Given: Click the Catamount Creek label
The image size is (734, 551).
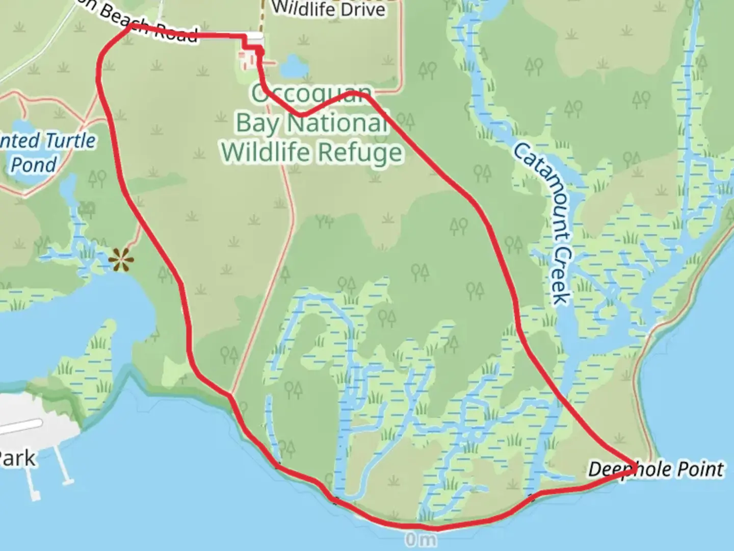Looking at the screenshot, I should (541, 223).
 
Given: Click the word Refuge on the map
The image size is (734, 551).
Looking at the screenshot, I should (359, 152).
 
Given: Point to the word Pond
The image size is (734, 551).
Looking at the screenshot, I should (33, 165).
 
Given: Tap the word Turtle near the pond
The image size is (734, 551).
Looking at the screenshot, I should (70, 141).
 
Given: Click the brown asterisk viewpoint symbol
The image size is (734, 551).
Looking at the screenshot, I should (122, 260).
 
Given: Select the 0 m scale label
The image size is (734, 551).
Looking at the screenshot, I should (421, 539).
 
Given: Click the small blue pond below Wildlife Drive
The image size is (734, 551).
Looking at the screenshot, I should (293, 66).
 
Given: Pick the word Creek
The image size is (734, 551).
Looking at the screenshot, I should (561, 275).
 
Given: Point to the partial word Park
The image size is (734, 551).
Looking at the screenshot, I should (17, 459).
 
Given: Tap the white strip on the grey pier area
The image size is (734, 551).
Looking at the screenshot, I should (20, 427).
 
